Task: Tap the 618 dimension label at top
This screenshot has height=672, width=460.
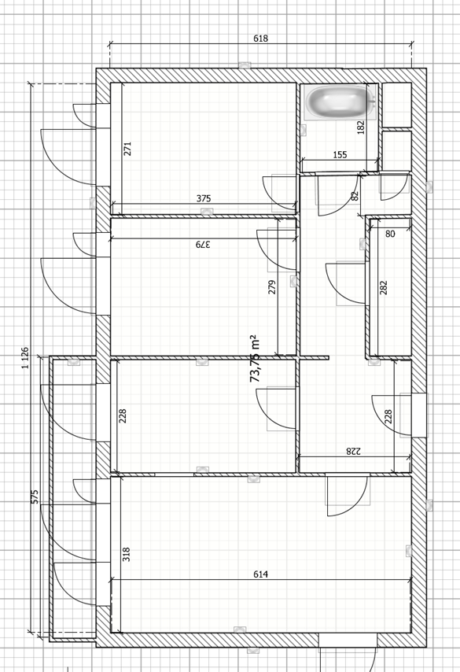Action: tap(260, 38)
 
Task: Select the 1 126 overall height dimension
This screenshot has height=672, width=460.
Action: tap(25, 358)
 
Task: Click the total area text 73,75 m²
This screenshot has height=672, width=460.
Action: tap(255, 359)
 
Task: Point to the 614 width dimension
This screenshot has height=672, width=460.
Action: tap(260, 574)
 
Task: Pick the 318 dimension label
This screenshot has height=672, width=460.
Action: tap(126, 554)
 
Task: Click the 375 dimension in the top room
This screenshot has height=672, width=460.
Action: tap(204, 198)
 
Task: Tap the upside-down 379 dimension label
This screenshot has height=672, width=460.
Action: tap(203, 244)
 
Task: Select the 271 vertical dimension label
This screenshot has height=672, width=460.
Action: tap(127, 149)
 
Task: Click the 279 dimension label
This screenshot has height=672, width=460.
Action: tap(271, 286)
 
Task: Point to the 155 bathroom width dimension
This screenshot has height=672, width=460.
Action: tap(340, 154)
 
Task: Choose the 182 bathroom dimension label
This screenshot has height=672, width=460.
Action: tap(361, 127)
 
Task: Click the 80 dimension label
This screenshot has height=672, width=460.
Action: tap(390, 234)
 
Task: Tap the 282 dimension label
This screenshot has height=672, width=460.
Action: tap(384, 287)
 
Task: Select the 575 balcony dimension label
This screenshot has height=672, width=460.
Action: tap(35, 497)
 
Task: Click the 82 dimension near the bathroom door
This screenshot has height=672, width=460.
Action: tap(355, 196)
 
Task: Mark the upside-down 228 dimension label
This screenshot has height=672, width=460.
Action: tap(353, 451)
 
